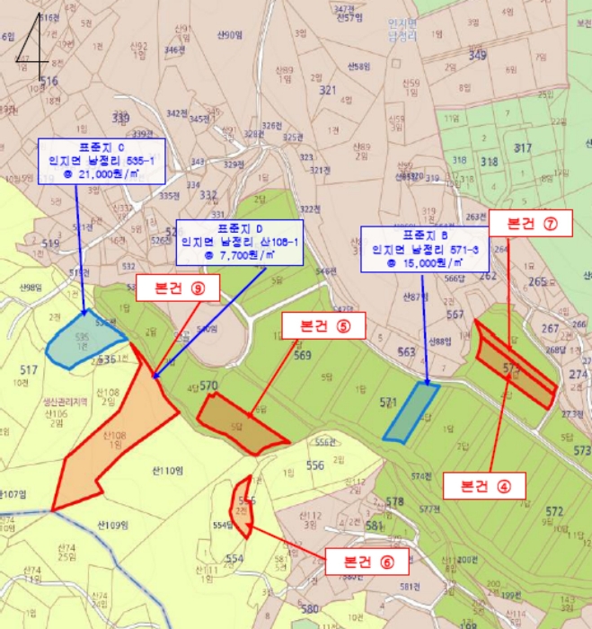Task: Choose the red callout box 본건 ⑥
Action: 367,562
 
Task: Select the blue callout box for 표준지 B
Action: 425,248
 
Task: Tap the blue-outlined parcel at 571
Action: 411,411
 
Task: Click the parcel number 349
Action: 477,56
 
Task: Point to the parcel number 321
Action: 327,90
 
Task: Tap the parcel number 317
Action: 522,146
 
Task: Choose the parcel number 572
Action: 554,511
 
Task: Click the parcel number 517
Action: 29,369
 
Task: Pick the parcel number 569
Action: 302,355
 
